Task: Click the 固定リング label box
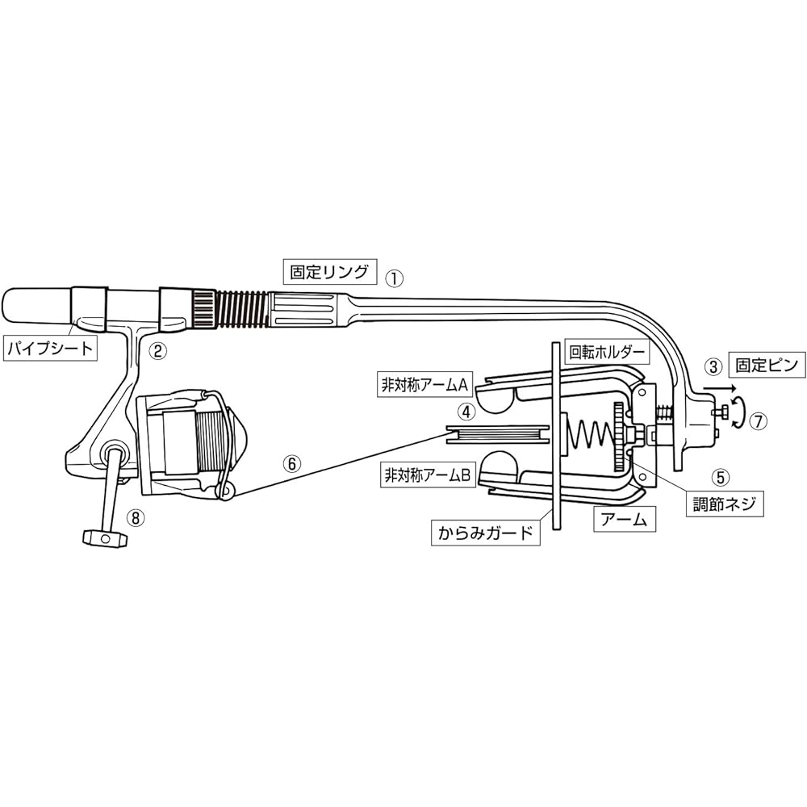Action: [330, 271]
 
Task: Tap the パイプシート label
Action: [50, 349]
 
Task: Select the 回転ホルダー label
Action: [607, 352]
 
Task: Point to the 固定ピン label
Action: [767, 365]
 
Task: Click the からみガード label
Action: [485, 533]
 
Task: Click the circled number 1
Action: [395, 278]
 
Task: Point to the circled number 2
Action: [157, 351]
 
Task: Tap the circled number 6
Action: [291, 464]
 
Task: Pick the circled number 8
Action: [136, 518]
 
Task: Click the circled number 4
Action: [466, 412]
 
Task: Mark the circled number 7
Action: [757, 421]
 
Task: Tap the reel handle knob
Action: [104, 538]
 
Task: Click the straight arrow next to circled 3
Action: [720, 387]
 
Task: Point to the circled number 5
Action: [721, 477]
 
